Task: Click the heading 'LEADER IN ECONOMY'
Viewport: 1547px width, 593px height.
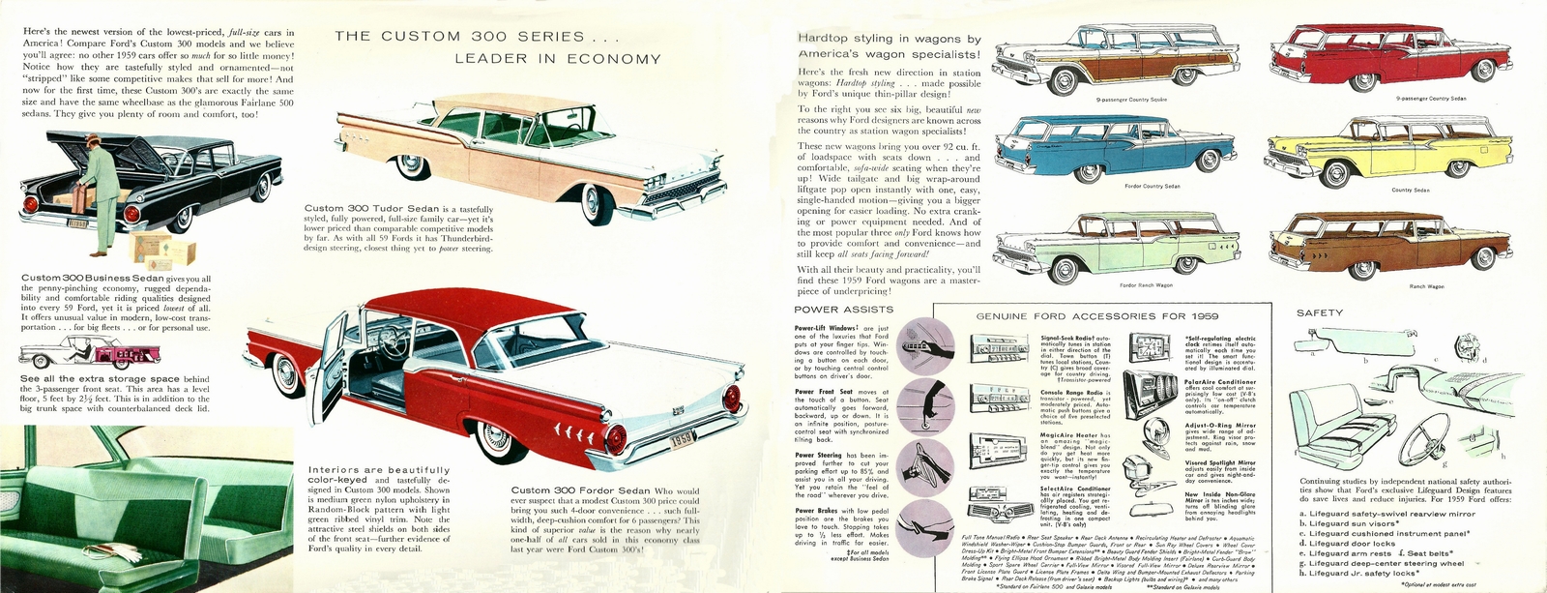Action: pos(558,59)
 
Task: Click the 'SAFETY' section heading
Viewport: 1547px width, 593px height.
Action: pos(1319,312)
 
